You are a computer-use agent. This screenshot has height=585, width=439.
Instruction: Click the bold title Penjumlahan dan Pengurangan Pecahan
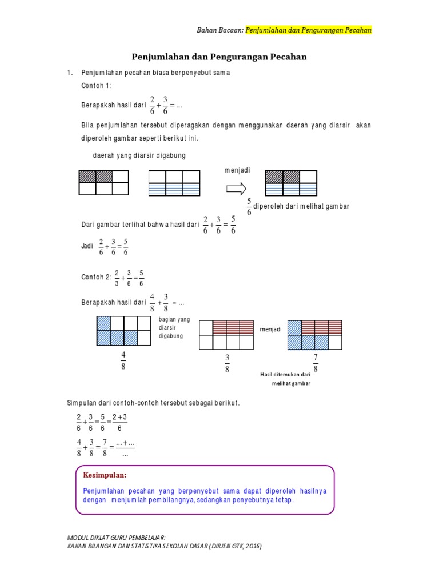pos(219,57)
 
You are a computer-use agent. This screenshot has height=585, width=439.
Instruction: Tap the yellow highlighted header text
pos(309,30)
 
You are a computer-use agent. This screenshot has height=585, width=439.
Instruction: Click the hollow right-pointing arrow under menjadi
pos(236,189)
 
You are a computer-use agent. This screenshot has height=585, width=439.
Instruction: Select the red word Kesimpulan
pos(105,475)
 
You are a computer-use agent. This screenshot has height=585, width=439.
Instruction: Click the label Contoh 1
pos(97,85)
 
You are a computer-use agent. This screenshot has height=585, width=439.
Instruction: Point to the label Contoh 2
pos(96,277)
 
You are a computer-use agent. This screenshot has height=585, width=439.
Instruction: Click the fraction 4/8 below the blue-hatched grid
pos(123,362)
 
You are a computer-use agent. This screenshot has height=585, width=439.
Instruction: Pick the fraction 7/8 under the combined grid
pos(315,362)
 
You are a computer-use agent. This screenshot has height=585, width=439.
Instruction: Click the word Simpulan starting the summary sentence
pos(84,403)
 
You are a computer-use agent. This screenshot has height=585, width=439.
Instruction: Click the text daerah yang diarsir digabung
pos(139,155)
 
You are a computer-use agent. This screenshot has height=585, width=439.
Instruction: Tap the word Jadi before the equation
pos(87,246)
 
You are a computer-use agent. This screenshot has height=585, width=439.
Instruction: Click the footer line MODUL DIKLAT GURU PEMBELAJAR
pos(117,538)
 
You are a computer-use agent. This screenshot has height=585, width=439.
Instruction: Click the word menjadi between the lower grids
pos(270,330)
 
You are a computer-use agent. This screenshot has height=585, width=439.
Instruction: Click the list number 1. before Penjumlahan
pos(70,73)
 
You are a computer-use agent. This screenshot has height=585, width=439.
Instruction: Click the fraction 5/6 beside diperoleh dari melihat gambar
pos(249,207)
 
